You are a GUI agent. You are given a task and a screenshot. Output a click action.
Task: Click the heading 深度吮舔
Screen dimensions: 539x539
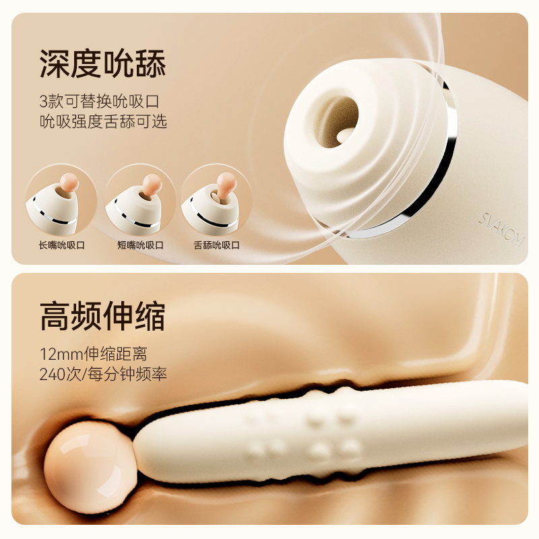(x=103, y=63)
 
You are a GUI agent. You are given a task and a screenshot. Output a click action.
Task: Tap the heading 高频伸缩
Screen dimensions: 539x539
(x=103, y=316)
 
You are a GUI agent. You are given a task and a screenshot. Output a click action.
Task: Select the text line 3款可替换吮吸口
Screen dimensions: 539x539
(x=99, y=101)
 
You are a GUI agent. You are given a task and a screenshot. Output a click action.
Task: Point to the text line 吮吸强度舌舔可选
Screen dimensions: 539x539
(x=103, y=121)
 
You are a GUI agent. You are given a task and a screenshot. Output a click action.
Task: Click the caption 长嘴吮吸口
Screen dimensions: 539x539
(x=61, y=245)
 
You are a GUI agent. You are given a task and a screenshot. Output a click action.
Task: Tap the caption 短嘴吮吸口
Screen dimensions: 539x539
(x=140, y=245)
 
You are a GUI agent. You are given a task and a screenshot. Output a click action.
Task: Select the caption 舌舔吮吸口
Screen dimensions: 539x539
(x=216, y=245)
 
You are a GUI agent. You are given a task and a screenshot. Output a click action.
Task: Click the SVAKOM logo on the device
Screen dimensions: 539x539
(x=502, y=229)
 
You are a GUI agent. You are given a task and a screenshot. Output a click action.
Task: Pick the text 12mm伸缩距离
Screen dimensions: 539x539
(x=93, y=354)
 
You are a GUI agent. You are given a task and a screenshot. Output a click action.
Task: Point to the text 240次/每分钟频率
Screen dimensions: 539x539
(x=103, y=374)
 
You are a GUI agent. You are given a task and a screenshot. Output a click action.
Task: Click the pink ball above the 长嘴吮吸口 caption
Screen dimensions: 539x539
(x=69, y=182)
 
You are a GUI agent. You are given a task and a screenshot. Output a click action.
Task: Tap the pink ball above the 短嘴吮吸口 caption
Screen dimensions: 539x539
(x=152, y=183)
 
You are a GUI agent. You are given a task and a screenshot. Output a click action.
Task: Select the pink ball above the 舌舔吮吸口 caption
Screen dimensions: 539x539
(x=227, y=182)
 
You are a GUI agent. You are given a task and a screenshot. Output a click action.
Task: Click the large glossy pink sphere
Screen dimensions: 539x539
(x=90, y=466)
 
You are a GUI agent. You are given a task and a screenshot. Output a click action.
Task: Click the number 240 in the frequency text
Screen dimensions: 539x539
(x=53, y=375)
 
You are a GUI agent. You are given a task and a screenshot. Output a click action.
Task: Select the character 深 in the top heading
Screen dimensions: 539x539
(x=55, y=63)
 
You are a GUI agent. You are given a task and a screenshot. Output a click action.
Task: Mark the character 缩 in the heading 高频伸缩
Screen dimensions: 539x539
(x=151, y=316)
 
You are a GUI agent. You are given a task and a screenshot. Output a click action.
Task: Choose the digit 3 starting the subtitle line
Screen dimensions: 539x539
(x=43, y=102)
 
